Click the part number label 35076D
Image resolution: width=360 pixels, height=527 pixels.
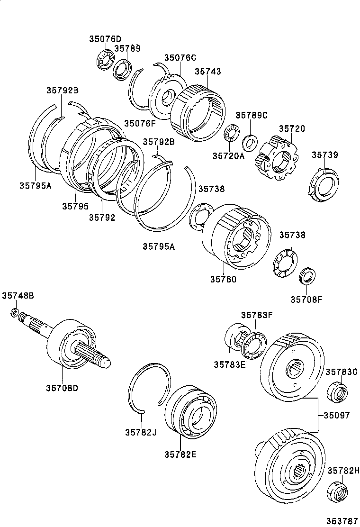(105, 39)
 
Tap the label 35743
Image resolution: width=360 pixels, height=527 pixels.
(208, 72)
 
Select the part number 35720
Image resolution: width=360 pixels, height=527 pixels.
(292, 128)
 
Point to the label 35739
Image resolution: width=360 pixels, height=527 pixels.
(325, 154)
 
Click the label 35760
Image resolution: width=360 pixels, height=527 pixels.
(223, 279)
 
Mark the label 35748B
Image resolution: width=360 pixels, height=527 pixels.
(18, 296)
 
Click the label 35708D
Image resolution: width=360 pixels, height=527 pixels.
(62, 388)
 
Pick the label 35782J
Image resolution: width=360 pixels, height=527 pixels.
(141, 432)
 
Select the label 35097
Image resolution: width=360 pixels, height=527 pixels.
(336, 415)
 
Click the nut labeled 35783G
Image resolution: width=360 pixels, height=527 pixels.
(337, 391)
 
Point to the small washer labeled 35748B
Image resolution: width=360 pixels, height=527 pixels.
(15, 312)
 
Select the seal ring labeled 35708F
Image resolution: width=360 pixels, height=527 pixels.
(307, 276)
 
